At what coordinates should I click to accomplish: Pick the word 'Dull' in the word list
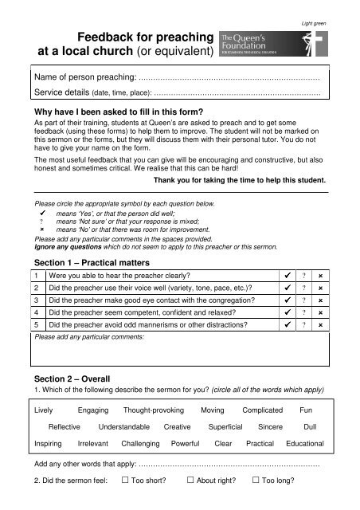coord(311,427)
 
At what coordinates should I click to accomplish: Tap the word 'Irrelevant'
coord(89,443)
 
